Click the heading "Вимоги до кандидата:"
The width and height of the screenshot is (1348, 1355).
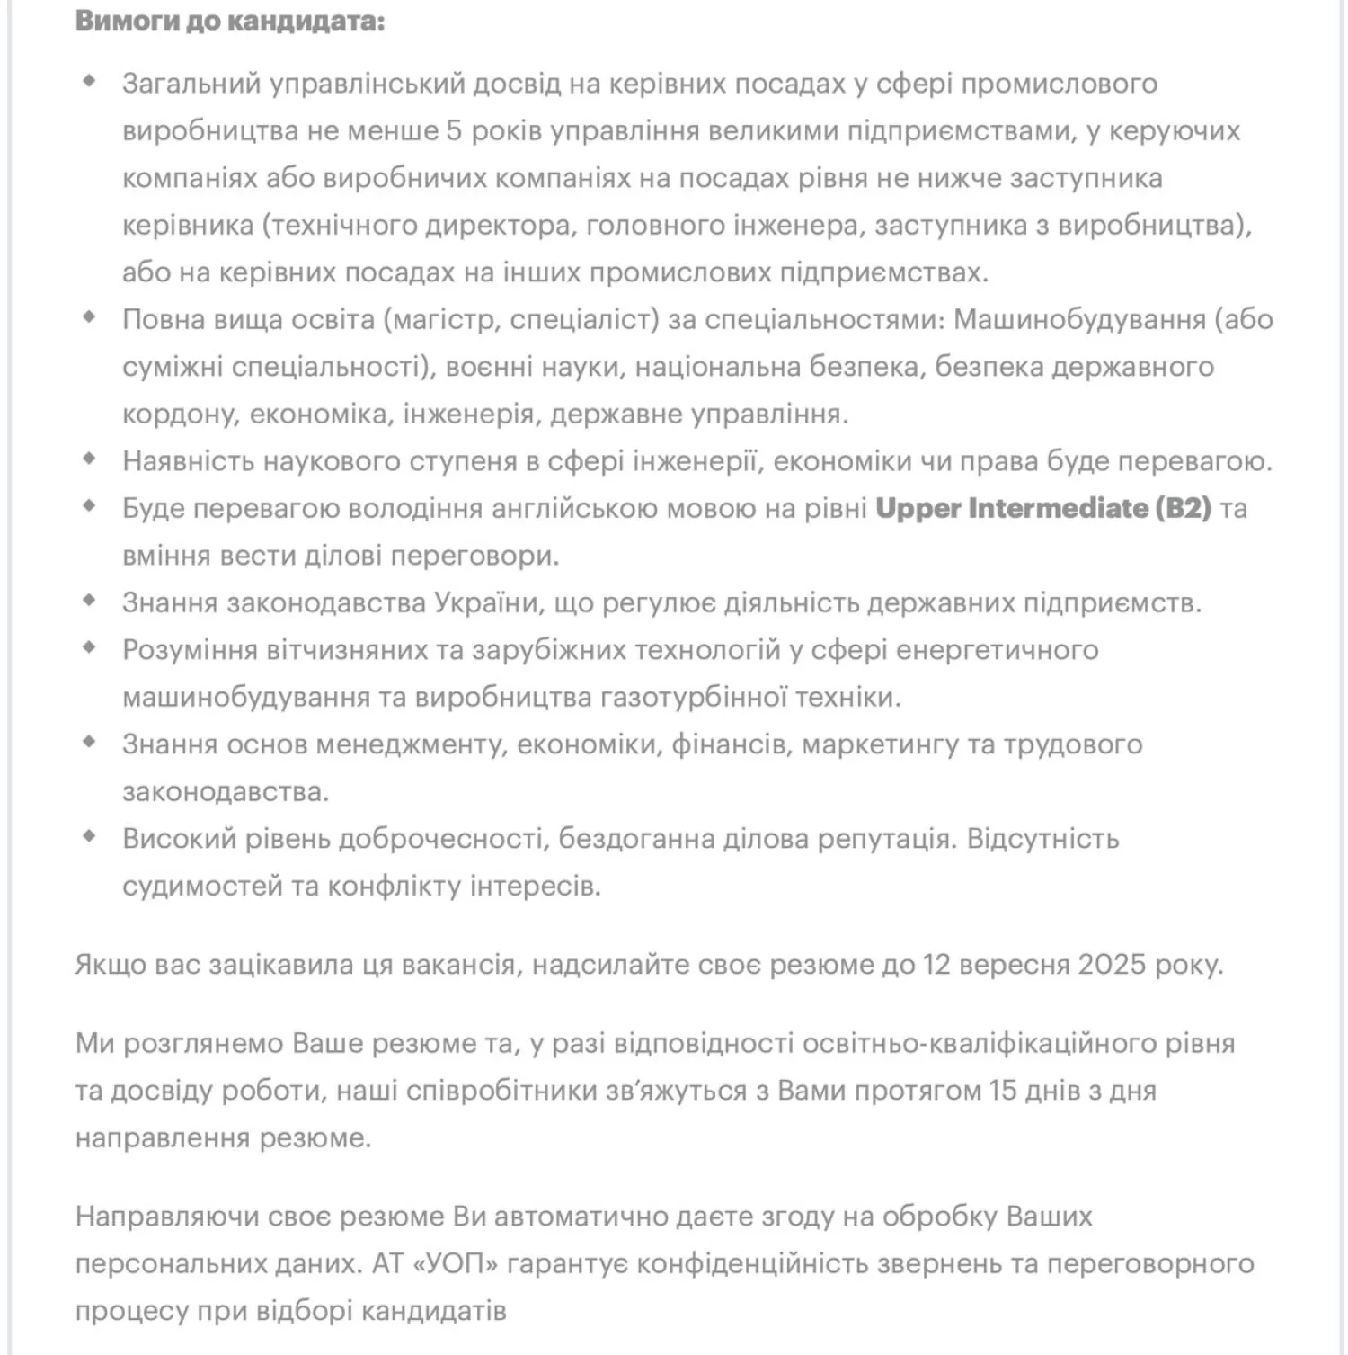pyautogui.click(x=230, y=21)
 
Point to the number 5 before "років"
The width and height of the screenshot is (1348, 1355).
pyautogui.click(x=454, y=131)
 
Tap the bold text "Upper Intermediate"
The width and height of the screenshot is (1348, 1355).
pyautogui.click(x=1011, y=509)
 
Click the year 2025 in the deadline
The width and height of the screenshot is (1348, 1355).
pyautogui.click(x=1113, y=965)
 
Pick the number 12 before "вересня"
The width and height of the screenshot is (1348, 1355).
pyautogui.click(x=937, y=965)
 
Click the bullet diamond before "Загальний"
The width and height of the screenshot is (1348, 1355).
pyautogui.click(x=89, y=81)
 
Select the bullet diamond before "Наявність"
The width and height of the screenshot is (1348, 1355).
pyautogui.click(x=89, y=459)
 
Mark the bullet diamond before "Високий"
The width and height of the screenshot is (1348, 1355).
pyautogui.click(x=89, y=836)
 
